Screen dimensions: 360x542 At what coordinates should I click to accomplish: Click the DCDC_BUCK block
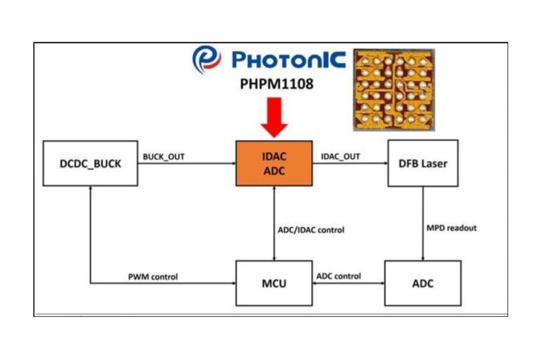tap(90, 164)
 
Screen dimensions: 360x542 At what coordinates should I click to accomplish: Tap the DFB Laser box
tap(422, 163)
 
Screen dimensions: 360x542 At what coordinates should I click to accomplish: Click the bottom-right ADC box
tap(422, 283)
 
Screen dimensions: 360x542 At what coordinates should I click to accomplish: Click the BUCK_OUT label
tap(162, 157)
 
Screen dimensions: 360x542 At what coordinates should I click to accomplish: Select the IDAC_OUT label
tap(340, 157)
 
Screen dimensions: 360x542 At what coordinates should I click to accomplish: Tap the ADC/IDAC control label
tap(312, 230)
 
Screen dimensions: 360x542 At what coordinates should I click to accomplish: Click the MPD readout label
tap(452, 228)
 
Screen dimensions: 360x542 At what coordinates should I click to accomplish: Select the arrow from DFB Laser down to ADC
tap(422, 223)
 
